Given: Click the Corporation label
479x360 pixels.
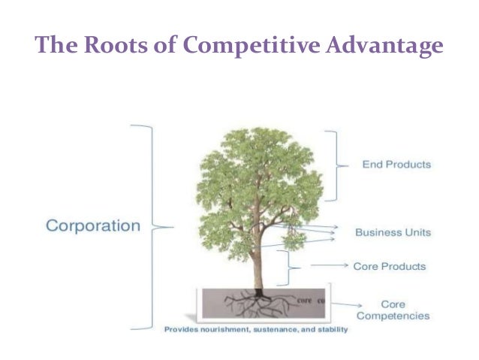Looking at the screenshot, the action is pos(93,225).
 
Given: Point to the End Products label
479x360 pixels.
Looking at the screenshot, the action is pos(396,164).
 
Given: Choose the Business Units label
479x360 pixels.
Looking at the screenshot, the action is pos(393,232).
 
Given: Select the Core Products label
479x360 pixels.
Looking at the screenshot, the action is pos(389,266).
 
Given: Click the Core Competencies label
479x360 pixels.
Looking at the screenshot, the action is pos(393,310).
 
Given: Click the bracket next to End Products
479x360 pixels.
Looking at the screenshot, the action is pos(332,165).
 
